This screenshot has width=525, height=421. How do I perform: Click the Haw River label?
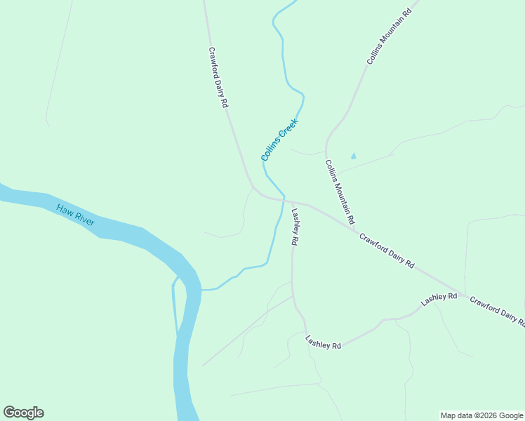coord(76,215)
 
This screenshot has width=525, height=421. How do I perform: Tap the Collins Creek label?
coord(279,139)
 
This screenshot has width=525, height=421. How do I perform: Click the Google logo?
coord(23,413)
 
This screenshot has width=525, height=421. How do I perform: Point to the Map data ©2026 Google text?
coord(481,415)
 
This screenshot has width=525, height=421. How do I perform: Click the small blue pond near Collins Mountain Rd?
coord(353,156)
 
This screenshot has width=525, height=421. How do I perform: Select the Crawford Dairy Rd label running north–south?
coord(218,77)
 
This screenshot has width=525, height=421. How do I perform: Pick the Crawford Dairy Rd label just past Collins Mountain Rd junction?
coord(387,251)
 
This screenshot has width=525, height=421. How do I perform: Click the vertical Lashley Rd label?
coord(295,227)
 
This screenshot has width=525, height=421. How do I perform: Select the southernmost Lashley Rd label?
coord(323,342)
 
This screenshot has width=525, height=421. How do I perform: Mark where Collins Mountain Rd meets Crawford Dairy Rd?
coord(355,229)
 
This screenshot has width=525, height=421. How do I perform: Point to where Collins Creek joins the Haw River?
coord(201,289)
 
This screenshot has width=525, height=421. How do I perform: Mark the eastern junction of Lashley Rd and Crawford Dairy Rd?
coord(463,294)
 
